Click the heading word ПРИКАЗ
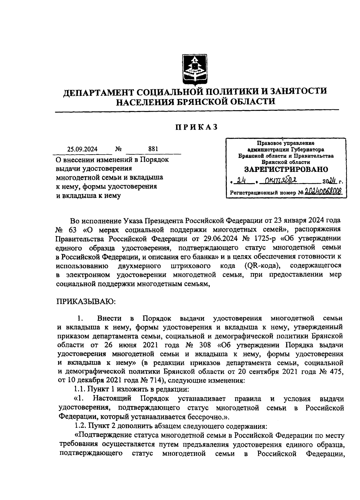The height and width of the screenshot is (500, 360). pos(196,127)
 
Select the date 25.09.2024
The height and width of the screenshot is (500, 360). pos(82,149)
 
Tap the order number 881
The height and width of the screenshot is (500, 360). pos(153,149)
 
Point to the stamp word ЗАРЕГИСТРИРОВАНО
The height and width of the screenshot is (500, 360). pos(286,169)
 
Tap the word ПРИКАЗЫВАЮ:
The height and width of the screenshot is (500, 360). pos(85,301)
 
